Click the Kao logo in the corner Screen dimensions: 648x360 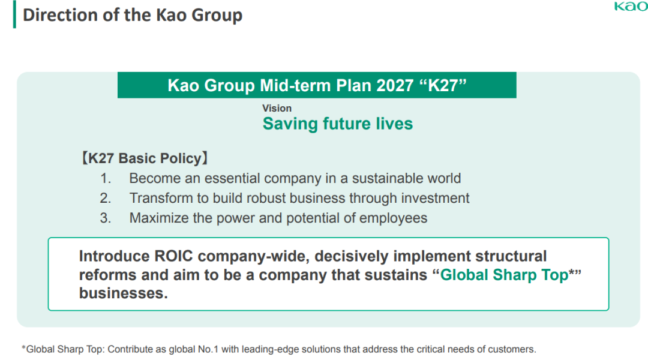click(x=631, y=6)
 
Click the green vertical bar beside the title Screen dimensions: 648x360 click(x=15, y=14)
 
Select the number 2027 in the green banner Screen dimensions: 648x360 click(x=395, y=86)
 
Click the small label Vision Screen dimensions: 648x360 click(x=277, y=108)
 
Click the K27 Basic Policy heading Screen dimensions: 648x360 click(x=145, y=158)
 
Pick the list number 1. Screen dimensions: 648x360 click(x=106, y=178)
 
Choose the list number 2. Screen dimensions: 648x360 click(x=106, y=198)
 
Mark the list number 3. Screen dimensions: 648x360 click(x=106, y=218)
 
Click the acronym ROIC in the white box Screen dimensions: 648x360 click(x=173, y=256)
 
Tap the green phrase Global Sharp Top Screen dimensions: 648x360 click(x=504, y=275)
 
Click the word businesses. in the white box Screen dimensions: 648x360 click(x=124, y=293)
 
